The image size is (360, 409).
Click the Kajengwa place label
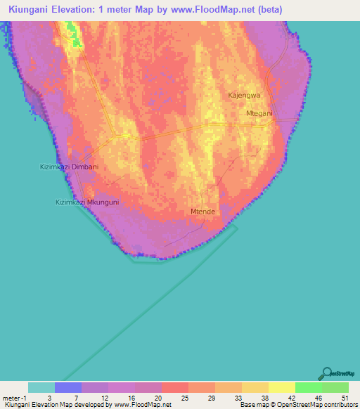coord(245,95)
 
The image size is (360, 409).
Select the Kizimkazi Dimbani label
coord(69,167)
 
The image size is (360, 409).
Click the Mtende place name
coord(202,211)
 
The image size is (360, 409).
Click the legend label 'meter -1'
coord(15,397)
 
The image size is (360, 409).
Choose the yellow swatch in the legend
coord(281,387)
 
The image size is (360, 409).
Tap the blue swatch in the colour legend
coord(68,387)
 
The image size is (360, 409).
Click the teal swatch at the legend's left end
coord(41,387)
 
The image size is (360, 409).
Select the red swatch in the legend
coord(175,387)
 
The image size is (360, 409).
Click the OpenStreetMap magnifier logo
coord(326,373)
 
